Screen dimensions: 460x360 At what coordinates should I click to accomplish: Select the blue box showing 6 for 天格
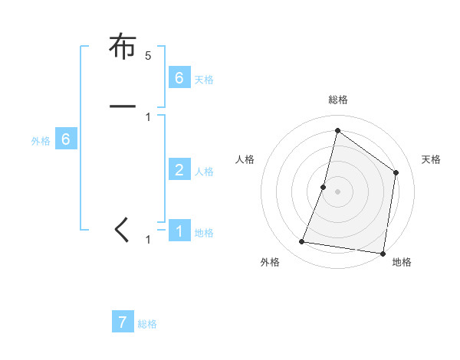(x=179, y=77)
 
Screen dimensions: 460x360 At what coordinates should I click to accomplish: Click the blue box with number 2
(x=179, y=169)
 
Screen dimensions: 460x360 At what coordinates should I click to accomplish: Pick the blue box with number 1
(x=179, y=230)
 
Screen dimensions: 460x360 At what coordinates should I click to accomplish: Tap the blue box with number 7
(x=123, y=322)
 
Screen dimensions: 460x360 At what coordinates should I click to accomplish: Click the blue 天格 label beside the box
(x=204, y=80)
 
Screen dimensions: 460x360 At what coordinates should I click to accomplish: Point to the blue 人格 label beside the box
(x=204, y=172)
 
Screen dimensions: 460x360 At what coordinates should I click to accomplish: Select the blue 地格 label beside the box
(x=204, y=233)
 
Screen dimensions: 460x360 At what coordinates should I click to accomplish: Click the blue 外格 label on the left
(x=41, y=141)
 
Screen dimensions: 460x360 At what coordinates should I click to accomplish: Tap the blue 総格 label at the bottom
(x=147, y=325)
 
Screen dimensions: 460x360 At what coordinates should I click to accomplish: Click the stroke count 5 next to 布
(x=149, y=56)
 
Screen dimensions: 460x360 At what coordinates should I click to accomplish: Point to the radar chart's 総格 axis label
(x=337, y=100)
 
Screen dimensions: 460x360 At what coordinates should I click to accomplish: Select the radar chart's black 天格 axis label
(x=431, y=159)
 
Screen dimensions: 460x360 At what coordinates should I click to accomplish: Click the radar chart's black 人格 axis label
(x=245, y=159)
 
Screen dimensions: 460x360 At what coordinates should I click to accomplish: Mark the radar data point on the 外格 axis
(x=302, y=242)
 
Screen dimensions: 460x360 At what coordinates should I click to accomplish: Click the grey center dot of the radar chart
(x=337, y=191)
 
